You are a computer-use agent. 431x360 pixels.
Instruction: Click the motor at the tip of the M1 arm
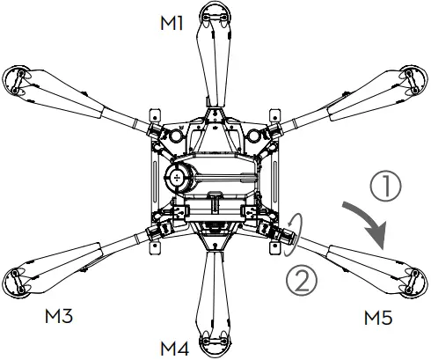215,13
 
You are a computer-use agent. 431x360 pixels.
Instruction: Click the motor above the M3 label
19,280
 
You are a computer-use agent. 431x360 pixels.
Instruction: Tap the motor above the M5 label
409,280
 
